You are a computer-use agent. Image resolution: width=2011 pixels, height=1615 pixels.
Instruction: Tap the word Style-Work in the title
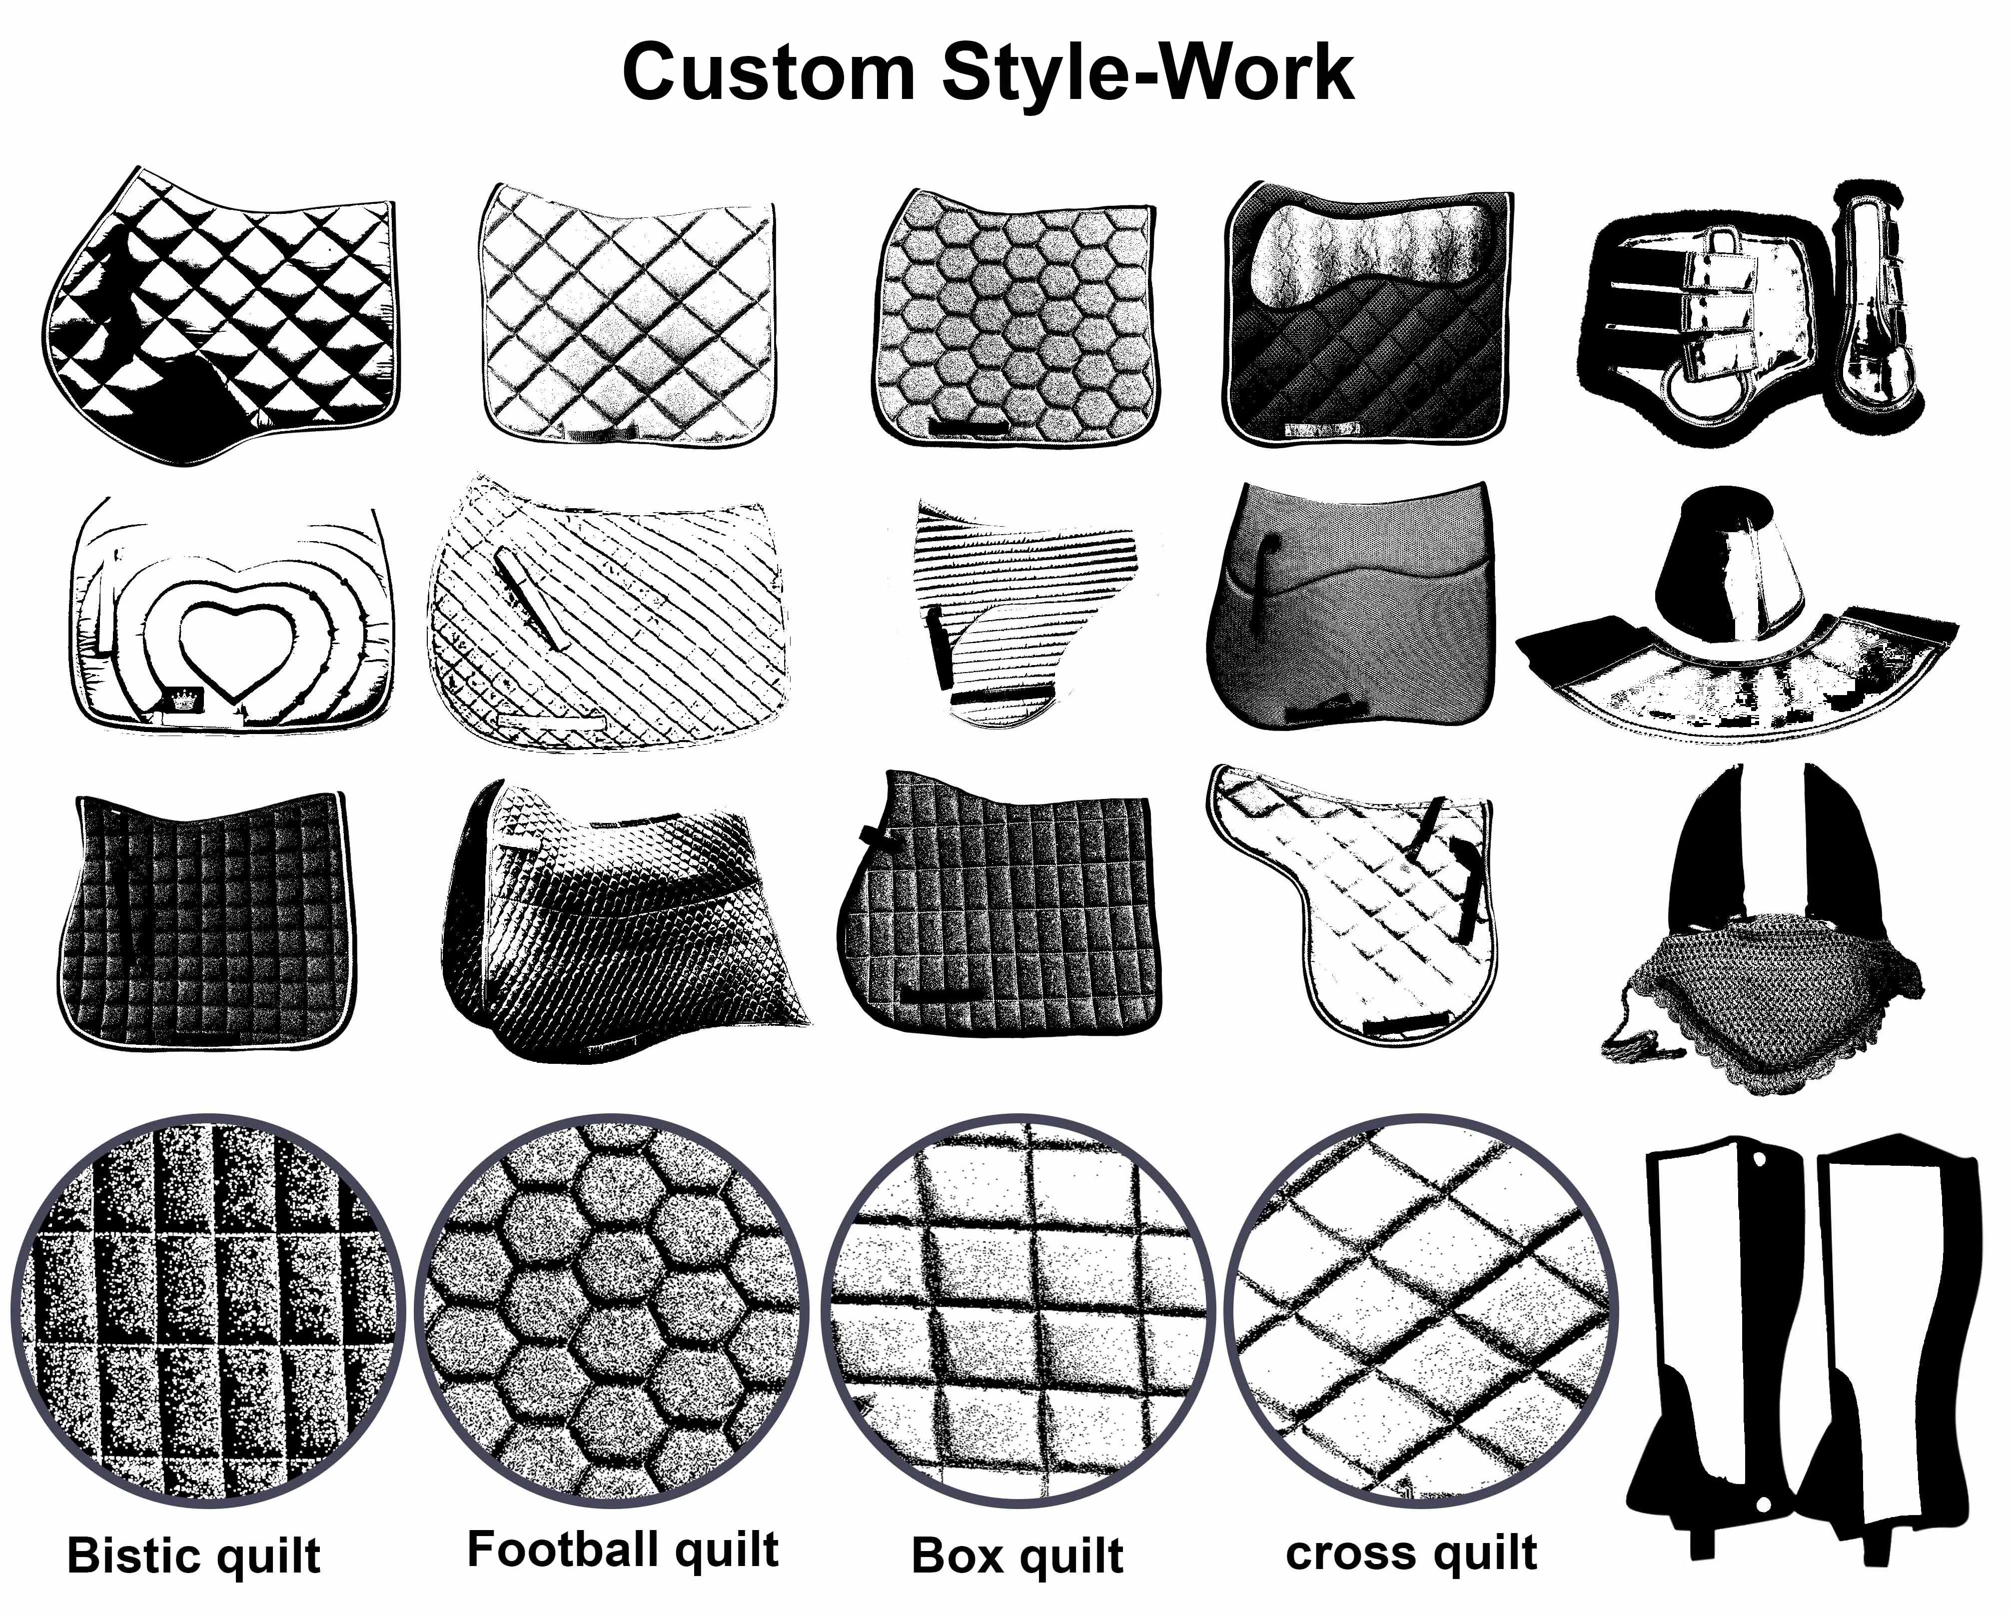[1147, 73]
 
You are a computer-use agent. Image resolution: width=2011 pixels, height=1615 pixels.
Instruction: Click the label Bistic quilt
[194, 1556]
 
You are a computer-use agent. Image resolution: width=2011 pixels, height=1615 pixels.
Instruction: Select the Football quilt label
[622, 1549]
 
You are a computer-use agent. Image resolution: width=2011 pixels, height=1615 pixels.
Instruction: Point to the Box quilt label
[1016, 1556]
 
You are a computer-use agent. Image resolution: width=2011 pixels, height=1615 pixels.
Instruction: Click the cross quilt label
[1410, 1553]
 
